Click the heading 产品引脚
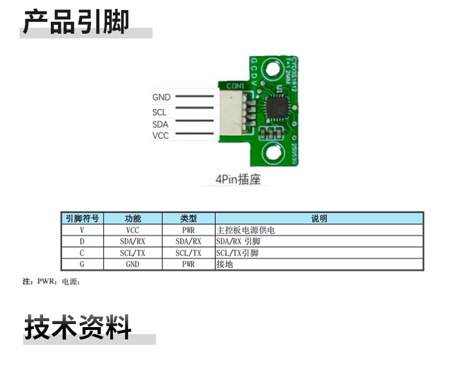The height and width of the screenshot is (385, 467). (76, 22)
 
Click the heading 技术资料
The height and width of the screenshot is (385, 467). (77, 327)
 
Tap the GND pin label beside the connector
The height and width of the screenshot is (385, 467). (161, 97)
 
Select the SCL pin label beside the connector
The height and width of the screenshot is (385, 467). (159, 112)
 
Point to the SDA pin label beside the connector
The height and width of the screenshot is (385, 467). (160, 124)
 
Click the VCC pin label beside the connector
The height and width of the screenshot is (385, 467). (160, 135)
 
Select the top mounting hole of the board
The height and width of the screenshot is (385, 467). (273, 70)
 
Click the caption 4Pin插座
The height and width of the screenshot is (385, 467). (238, 180)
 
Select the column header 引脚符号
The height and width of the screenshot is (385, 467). (82, 218)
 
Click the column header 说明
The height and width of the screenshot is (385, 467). (319, 218)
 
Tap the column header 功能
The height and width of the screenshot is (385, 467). (133, 218)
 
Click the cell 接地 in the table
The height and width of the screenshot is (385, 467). (225, 264)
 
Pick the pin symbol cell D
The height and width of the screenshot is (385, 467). (82, 241)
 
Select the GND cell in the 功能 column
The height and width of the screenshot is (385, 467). (133, 264)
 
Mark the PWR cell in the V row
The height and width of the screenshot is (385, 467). (189, 230)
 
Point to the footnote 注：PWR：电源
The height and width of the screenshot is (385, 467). (51, 282)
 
